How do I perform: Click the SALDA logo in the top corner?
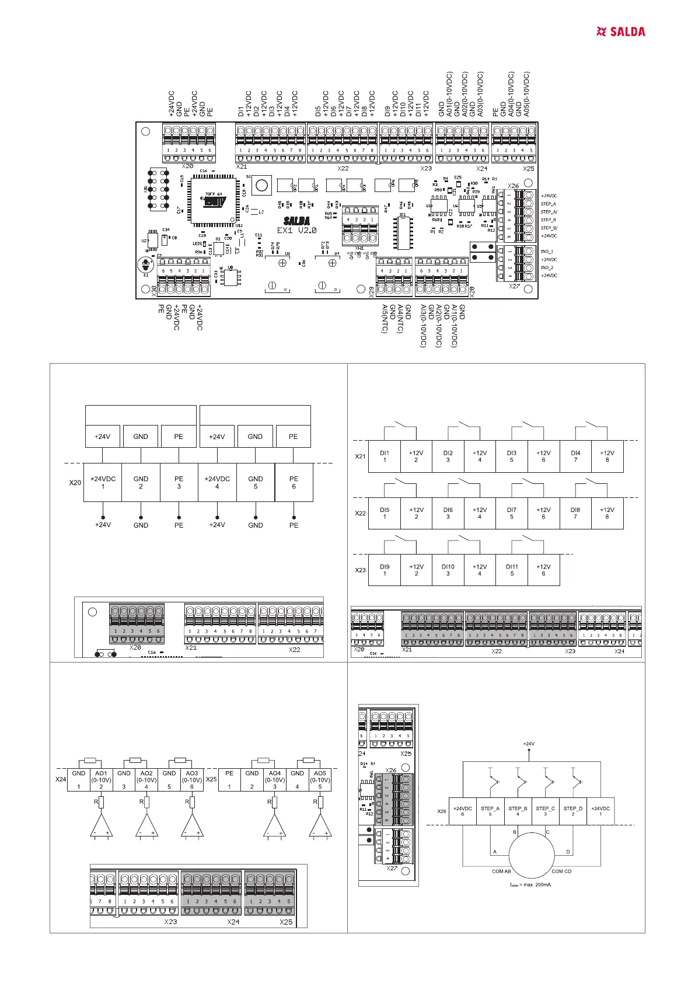(x=621, y=32)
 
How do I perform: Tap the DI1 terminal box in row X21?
(x=385, y=456)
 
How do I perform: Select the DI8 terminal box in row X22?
(x=575, y=513)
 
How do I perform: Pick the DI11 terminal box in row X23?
(x=512, y=570)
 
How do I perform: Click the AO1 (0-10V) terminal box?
(x=101, y=779)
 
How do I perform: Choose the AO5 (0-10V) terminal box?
(x=320, y=779)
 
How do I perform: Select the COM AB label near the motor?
(x=501, y=872)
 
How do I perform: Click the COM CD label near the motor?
(x=561, y=872)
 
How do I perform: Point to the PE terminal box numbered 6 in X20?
(x=294, y=482)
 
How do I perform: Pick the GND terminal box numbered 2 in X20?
(x=141, y=482)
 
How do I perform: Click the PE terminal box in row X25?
(x=229, y=779)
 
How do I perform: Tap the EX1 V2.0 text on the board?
(x=296, y=231)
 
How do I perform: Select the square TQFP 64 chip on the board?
(x=214, y=200)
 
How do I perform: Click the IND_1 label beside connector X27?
(x=547, y=252)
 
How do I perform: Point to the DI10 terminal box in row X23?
(x=448, y=570)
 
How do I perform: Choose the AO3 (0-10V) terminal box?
(x=192, y=779)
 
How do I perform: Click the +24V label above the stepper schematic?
(x=529, y=744)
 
